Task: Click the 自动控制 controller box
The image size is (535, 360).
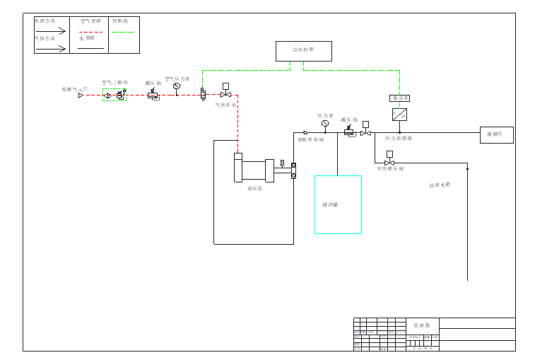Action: tap(303, 51)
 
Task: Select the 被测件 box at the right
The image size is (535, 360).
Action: tap(496, 134)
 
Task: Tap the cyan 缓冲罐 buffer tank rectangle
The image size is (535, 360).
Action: tap(338, 204)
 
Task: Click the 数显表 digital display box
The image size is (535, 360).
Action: tap(399, 98)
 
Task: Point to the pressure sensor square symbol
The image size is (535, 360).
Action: tap(399, 115)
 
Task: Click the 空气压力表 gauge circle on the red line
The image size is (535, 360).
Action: tap(177, 86)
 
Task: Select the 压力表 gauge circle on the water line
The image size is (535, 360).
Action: tap(325, 123)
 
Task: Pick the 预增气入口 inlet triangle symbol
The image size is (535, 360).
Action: tap(81, 95)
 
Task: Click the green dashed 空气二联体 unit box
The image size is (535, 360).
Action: tap(114, 95)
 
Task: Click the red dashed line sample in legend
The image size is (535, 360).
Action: tap(91, 32)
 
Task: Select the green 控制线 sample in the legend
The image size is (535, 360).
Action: tap(123, 32)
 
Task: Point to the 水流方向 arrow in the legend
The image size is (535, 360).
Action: tap(51, 31)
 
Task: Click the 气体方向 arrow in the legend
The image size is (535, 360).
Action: tap(51, 48)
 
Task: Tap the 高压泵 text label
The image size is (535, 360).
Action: tap(254, 189)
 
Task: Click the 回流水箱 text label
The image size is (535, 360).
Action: tap(439, 185)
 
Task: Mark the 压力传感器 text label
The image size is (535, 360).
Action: tap(399, 139)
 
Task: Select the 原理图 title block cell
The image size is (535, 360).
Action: tap(421, 325)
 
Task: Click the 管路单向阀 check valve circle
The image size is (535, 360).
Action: tap(305, 132)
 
